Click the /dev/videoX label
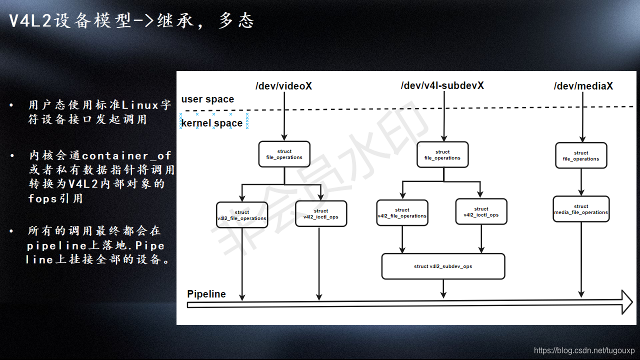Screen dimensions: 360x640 tap(283, 86)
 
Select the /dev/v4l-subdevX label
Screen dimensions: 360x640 tap(442, 85)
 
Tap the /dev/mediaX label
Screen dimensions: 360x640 tap(583, 86)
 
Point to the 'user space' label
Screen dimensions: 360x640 tap(207, 99)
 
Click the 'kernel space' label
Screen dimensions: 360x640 tap(212, 123)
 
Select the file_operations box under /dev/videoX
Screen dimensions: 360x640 tap(284, 154)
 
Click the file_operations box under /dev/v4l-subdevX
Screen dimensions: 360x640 tap(442, 155)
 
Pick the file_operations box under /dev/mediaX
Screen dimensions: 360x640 tap(581, 156)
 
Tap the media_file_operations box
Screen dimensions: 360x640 tap(581, 209)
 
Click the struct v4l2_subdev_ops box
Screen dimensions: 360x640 tap(443, 266)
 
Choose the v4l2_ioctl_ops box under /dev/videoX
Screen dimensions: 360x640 tap(321, 214)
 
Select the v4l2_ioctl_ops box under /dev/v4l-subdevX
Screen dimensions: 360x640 tap(481, 212)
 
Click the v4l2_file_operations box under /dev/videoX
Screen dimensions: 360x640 tap(242, 215)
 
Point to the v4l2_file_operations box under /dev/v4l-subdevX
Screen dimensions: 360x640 tap(402, 213)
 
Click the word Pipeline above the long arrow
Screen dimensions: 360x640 tap(206, 294)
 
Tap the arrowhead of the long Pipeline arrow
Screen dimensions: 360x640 tap(626, 302)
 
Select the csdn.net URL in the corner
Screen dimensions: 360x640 tap(584, 350)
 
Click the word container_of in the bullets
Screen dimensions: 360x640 tap(126, 156)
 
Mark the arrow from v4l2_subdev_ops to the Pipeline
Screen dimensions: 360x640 tap(443, 288)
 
